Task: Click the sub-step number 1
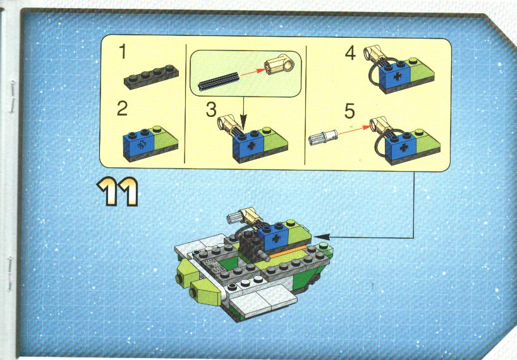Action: point(123,52)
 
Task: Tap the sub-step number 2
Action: point(122,109)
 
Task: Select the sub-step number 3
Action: point(211,109)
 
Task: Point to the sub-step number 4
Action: point(350,53)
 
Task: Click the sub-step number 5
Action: point(350,111)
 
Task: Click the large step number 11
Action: point(118,191)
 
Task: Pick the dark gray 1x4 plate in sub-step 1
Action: point(151,77)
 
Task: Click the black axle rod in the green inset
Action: point(217,81)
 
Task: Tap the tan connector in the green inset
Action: point(279,64)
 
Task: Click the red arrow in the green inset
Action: point(253,72)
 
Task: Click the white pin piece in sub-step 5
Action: point(323,137)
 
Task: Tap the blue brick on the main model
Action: point(273,237)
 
